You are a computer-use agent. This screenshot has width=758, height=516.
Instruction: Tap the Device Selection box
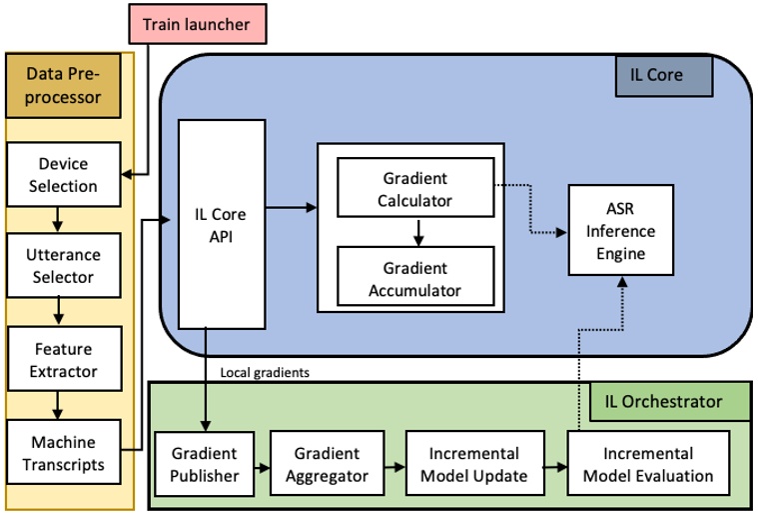point(63,175)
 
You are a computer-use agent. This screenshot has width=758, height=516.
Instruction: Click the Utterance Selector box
point(63,266)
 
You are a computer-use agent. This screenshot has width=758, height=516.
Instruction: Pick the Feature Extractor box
point(63,360)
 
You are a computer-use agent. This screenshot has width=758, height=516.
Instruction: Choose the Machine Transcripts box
point(63,453)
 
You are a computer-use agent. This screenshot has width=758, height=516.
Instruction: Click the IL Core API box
point(221,225)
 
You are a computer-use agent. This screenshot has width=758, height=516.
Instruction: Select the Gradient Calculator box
point(414,189)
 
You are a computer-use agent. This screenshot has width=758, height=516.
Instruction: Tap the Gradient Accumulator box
point(414,278)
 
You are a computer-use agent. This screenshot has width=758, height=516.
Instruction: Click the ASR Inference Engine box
point(620,231)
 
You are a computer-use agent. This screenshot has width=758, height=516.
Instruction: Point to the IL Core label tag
point(663,75)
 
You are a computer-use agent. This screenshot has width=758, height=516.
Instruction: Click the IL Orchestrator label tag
point(663,402)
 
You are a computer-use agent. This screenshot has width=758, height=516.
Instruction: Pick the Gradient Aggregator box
point(322,464)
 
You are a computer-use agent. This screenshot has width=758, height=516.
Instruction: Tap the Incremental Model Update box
point(473,464)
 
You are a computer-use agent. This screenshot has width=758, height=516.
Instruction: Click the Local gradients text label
point(265,372)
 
